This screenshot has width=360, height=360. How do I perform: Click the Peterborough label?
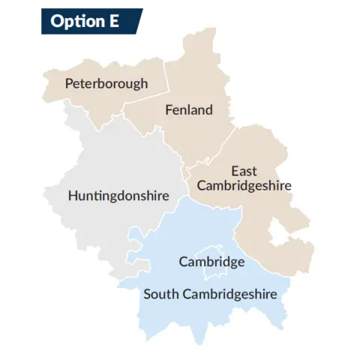(106, 83)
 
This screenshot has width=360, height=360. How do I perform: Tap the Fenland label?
(188, 110)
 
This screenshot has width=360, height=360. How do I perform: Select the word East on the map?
(244, 171)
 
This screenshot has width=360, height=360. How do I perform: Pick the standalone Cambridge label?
(211, 262)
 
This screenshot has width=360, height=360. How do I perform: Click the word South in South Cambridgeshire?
(160, 294)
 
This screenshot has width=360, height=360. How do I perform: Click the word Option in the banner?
(71, 21)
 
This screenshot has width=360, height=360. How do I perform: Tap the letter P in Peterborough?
(69, 83)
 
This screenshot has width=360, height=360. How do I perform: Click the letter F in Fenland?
(168, 110)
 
